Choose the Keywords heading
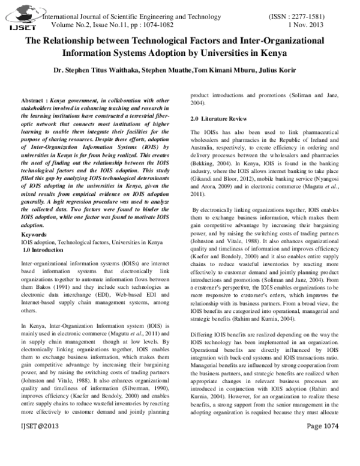coord(34,234)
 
